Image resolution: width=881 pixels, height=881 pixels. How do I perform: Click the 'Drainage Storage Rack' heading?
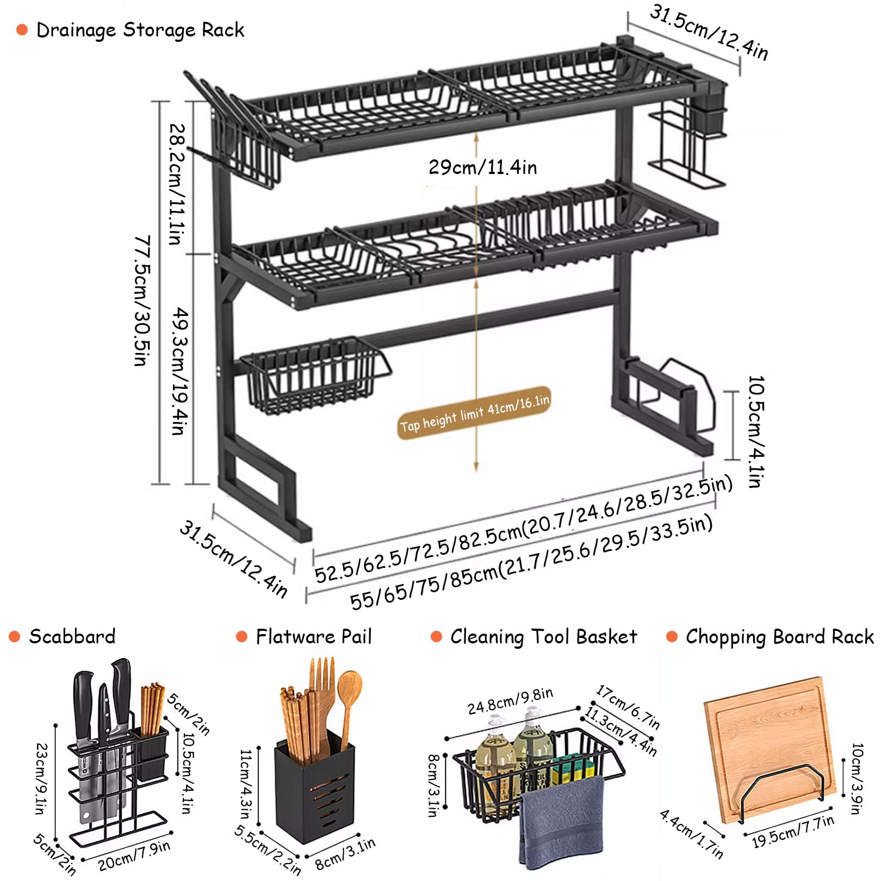tap(140, 30)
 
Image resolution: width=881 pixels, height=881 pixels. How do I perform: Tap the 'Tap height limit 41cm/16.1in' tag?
tap(475, 413)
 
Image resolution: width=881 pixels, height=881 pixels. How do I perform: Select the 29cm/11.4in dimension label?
tap(482, 167)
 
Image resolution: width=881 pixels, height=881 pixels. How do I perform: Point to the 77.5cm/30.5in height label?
tap(142, 300)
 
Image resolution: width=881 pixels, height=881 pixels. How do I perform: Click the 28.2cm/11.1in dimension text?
tap(177, 184)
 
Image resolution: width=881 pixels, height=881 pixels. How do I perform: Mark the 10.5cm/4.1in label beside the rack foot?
tap(756, 431)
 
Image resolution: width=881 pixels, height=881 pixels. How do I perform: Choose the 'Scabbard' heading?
tap(72, 636)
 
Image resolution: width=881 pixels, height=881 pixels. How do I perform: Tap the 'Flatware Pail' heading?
tap(314, 636)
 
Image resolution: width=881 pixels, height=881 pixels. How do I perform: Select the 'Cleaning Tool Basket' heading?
tap(543, 636)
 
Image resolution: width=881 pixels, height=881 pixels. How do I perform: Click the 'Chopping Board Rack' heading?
tap(779, 636)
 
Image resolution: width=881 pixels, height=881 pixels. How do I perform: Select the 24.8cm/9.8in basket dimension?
tap(510, 700)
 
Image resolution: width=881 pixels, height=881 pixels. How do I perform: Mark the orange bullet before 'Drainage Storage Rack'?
tap(22, 30)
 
